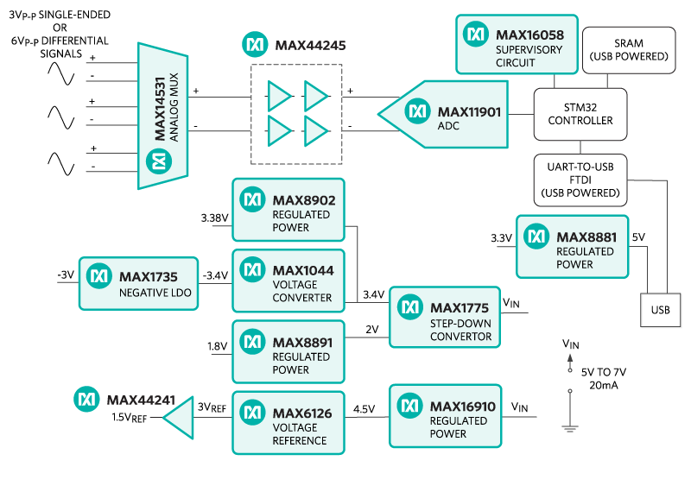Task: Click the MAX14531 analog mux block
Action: [163, 116]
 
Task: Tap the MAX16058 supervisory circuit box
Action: [517, 43]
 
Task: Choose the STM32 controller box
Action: [580, 113]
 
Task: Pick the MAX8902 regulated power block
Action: [288, 208]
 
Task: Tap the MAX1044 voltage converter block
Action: [288, 280]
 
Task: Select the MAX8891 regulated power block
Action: [288, 350]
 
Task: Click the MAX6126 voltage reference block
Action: [288, 422]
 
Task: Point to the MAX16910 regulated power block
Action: [444, 413]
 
